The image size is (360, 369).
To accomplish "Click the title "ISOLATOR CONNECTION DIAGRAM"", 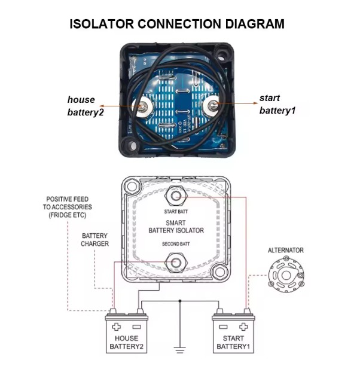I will (177, 24).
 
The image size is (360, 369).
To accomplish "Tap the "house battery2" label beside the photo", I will (86, 106).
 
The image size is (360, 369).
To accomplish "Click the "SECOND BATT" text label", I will (176, 245).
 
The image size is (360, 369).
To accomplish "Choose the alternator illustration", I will (286, 275).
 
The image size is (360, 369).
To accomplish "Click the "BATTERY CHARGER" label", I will (95, 240).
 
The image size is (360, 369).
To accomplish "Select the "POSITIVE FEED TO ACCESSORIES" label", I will (68, 206).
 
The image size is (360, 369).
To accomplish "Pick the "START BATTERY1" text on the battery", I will (230, 343).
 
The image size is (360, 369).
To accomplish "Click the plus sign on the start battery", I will (243, 327).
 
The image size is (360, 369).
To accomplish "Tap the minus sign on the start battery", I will (222, 327).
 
